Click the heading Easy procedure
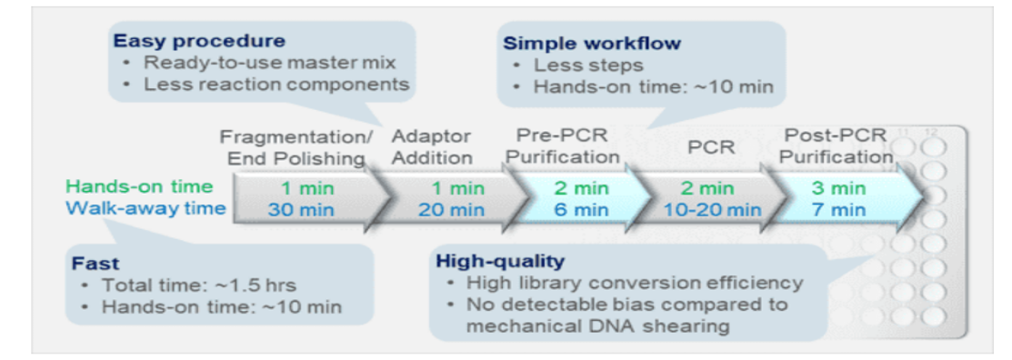(199, 41)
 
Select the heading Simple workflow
(592, 44)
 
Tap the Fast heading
(95, 264)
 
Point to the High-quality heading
(500, 261)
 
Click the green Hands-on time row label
(139, 187)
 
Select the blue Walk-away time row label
(145, 208)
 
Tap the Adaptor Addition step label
(432, 147)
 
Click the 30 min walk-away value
(307, 210)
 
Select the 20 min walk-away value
(451, 210)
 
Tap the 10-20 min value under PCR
(713, 210)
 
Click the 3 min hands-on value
(838, 188)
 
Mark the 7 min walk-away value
(838, 210)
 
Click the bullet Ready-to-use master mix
(269, 63)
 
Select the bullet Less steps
(588, 65)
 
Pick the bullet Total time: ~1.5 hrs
(198, 285)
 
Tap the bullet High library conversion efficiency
(635, 284)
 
